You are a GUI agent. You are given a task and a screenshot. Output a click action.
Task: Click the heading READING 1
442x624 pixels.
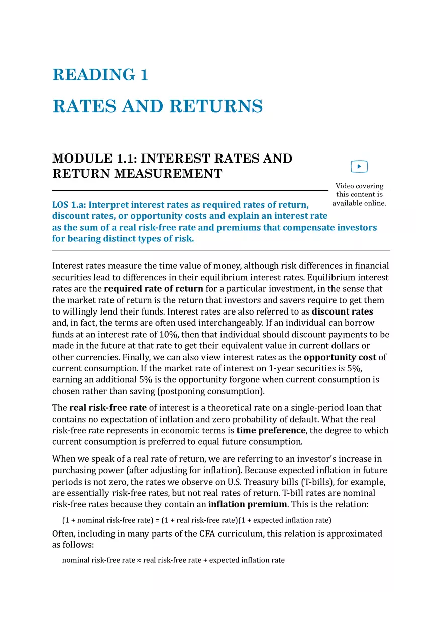(x=100, y=75)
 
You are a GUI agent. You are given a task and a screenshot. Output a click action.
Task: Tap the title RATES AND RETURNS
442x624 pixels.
(x=157, y=106)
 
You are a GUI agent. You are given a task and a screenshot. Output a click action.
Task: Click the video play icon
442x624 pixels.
(x=359, y=167)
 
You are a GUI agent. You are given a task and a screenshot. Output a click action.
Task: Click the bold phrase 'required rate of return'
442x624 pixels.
(x=153, y=289)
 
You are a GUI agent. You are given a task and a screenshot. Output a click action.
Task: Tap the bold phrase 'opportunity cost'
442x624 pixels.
(x=340, y=357)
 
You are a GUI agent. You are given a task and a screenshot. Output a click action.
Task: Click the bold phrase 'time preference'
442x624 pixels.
(x=271, y=430)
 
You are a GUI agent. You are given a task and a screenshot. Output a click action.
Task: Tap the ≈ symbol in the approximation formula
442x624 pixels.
(x=139, y=560)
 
